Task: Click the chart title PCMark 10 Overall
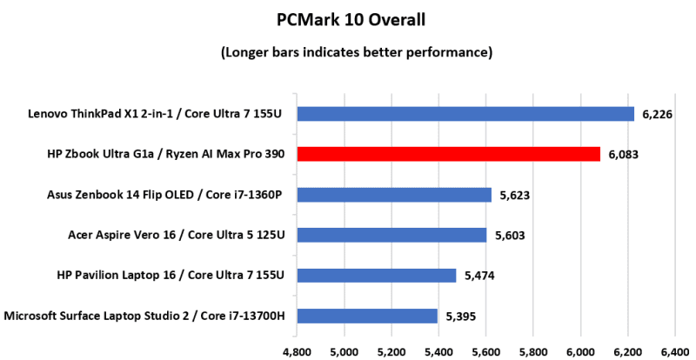[x=347, y=18]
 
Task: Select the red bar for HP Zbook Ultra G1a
[x=448, y=154]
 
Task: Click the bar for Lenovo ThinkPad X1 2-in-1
[x=465, y=114]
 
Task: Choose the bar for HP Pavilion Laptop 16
[x=376, y=275]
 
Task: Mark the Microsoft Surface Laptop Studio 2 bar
[x=366, y=316]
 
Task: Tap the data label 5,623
[x=515, y=195]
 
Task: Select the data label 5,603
[x=510, y=235]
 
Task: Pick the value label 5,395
[x=461, y=316]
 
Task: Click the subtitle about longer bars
[x=347, y=52]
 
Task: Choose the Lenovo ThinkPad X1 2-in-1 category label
[x=162, y=114]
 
